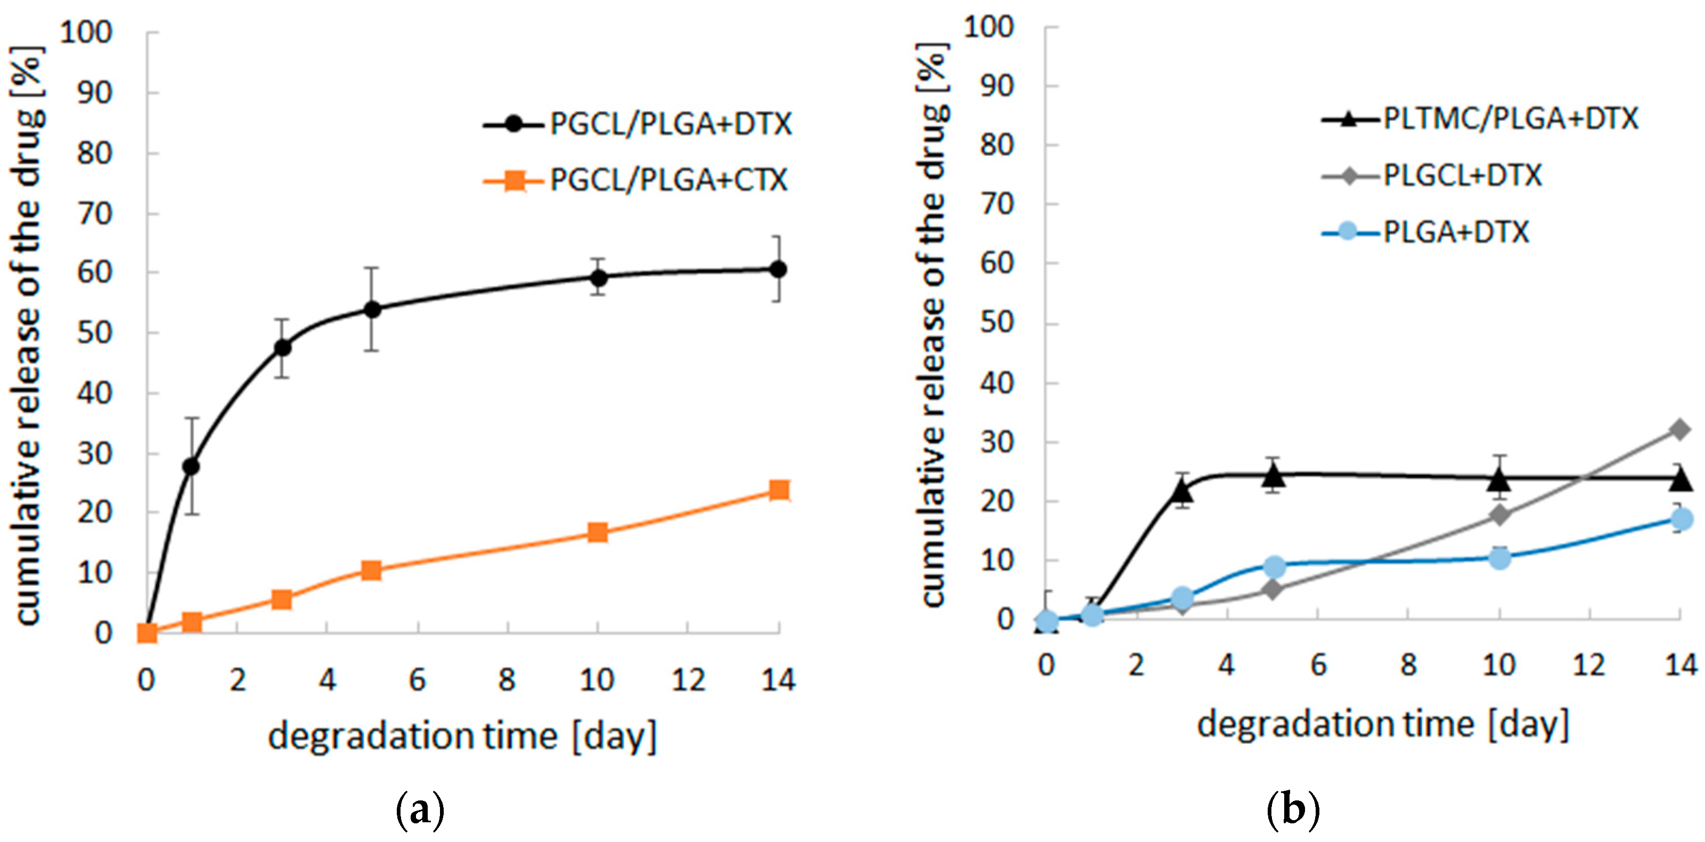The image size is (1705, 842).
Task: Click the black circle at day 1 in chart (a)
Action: (191, 466)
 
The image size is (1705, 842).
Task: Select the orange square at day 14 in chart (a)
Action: (779, 490)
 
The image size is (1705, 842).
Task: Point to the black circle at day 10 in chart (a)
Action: (598, 277)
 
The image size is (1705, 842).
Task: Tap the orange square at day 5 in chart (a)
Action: (371, 570)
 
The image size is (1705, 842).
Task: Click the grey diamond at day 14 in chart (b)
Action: (1680, 430)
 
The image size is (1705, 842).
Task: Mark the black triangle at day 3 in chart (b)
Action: (1183, 491)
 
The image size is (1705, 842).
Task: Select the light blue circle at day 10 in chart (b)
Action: (1500, 558)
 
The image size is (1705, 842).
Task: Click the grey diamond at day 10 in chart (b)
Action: (1500, 515)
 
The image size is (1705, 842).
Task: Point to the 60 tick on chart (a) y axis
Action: (94, 272)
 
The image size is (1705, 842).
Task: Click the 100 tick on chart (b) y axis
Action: (989, 28)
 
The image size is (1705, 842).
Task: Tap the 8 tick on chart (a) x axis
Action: (507, 680)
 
